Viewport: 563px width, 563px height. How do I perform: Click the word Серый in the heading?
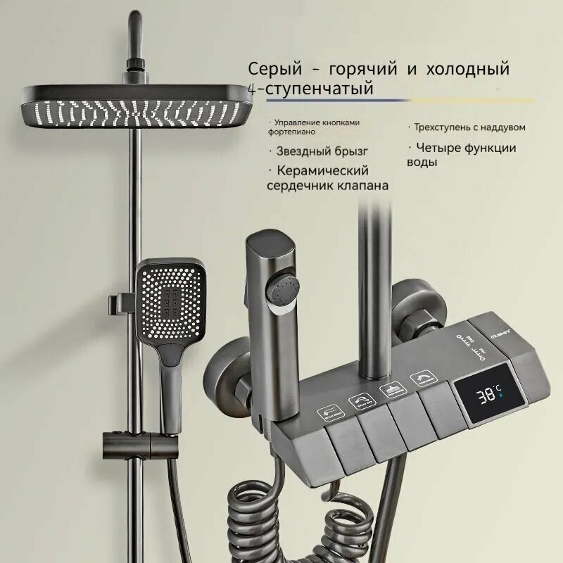(272, 70)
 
